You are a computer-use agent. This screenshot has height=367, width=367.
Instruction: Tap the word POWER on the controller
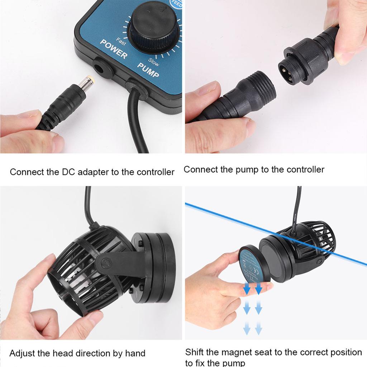coord(114,49)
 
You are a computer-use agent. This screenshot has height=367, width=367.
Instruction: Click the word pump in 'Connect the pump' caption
coord(247,169)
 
